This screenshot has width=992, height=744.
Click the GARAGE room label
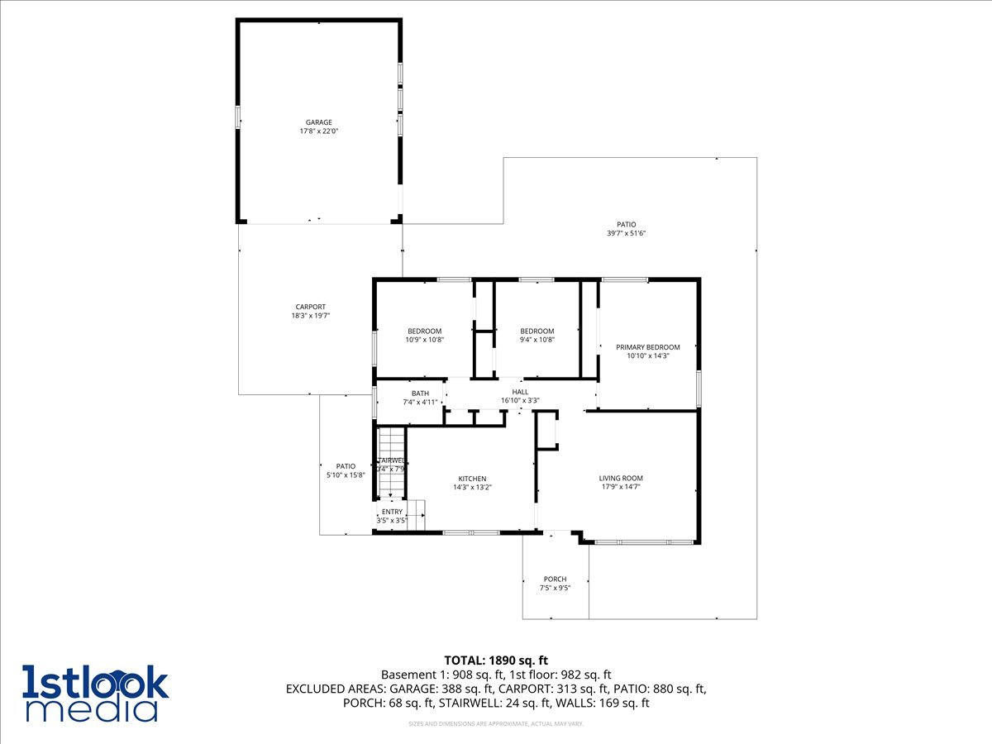(319, 122)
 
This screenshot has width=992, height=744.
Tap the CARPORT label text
(311, 307)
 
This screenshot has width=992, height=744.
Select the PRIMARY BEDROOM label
(648, 347)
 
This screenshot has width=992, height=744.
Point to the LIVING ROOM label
(621, 478)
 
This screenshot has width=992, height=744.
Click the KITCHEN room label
(472, 479)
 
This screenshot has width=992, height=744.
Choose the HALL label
(520, 392)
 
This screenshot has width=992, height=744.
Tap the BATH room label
(420, 393)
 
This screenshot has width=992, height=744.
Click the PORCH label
(555, 579)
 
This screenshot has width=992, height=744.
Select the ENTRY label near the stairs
(392, 512)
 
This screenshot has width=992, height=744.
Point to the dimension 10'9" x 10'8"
(425, 340)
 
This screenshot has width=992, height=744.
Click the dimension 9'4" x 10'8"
(537, 340)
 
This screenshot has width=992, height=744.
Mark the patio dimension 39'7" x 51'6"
(626, 233)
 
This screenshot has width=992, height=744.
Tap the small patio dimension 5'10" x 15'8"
(346, 475)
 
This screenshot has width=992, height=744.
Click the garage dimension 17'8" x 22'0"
(319, 131)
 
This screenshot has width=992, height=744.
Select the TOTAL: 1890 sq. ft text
(496, 660)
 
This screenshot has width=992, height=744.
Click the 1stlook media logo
(95, 693)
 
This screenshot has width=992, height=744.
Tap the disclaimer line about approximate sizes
(496, 724)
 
